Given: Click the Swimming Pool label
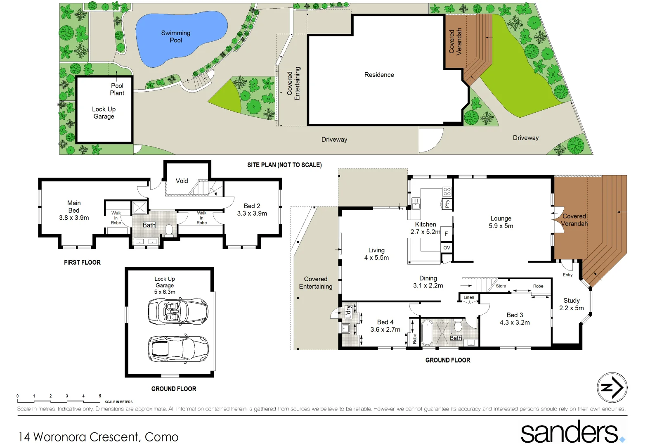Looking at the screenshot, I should click(x=176, y=36).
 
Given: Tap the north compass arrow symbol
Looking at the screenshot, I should click(x=612, y=387).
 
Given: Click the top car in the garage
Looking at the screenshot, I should click(x=178, y=311).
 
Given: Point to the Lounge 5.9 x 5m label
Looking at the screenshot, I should click(x=501, y=222).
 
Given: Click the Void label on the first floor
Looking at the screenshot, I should click(x=182, y=181).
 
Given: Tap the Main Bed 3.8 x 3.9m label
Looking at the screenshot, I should click(x=74, y=210).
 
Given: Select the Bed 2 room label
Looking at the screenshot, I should click(x=252, y=209).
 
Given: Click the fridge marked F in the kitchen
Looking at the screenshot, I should click(x=446, y=233).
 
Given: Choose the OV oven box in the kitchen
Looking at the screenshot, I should click(x=447, y=248).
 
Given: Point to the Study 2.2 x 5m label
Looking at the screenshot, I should click(x=571, y=304).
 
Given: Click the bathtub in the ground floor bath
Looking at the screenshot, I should click(x=427, y=332).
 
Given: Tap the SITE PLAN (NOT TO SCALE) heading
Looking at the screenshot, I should click(x=284, y=165).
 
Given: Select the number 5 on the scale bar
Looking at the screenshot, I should click(x=100, y=396).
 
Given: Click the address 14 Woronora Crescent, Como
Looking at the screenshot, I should click(x=98, y=437).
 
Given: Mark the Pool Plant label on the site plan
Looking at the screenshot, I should click(x=117, y=89).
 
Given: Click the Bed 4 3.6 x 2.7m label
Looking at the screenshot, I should click(x=385, y=326).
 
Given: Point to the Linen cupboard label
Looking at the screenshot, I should click(x=469, y=297).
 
